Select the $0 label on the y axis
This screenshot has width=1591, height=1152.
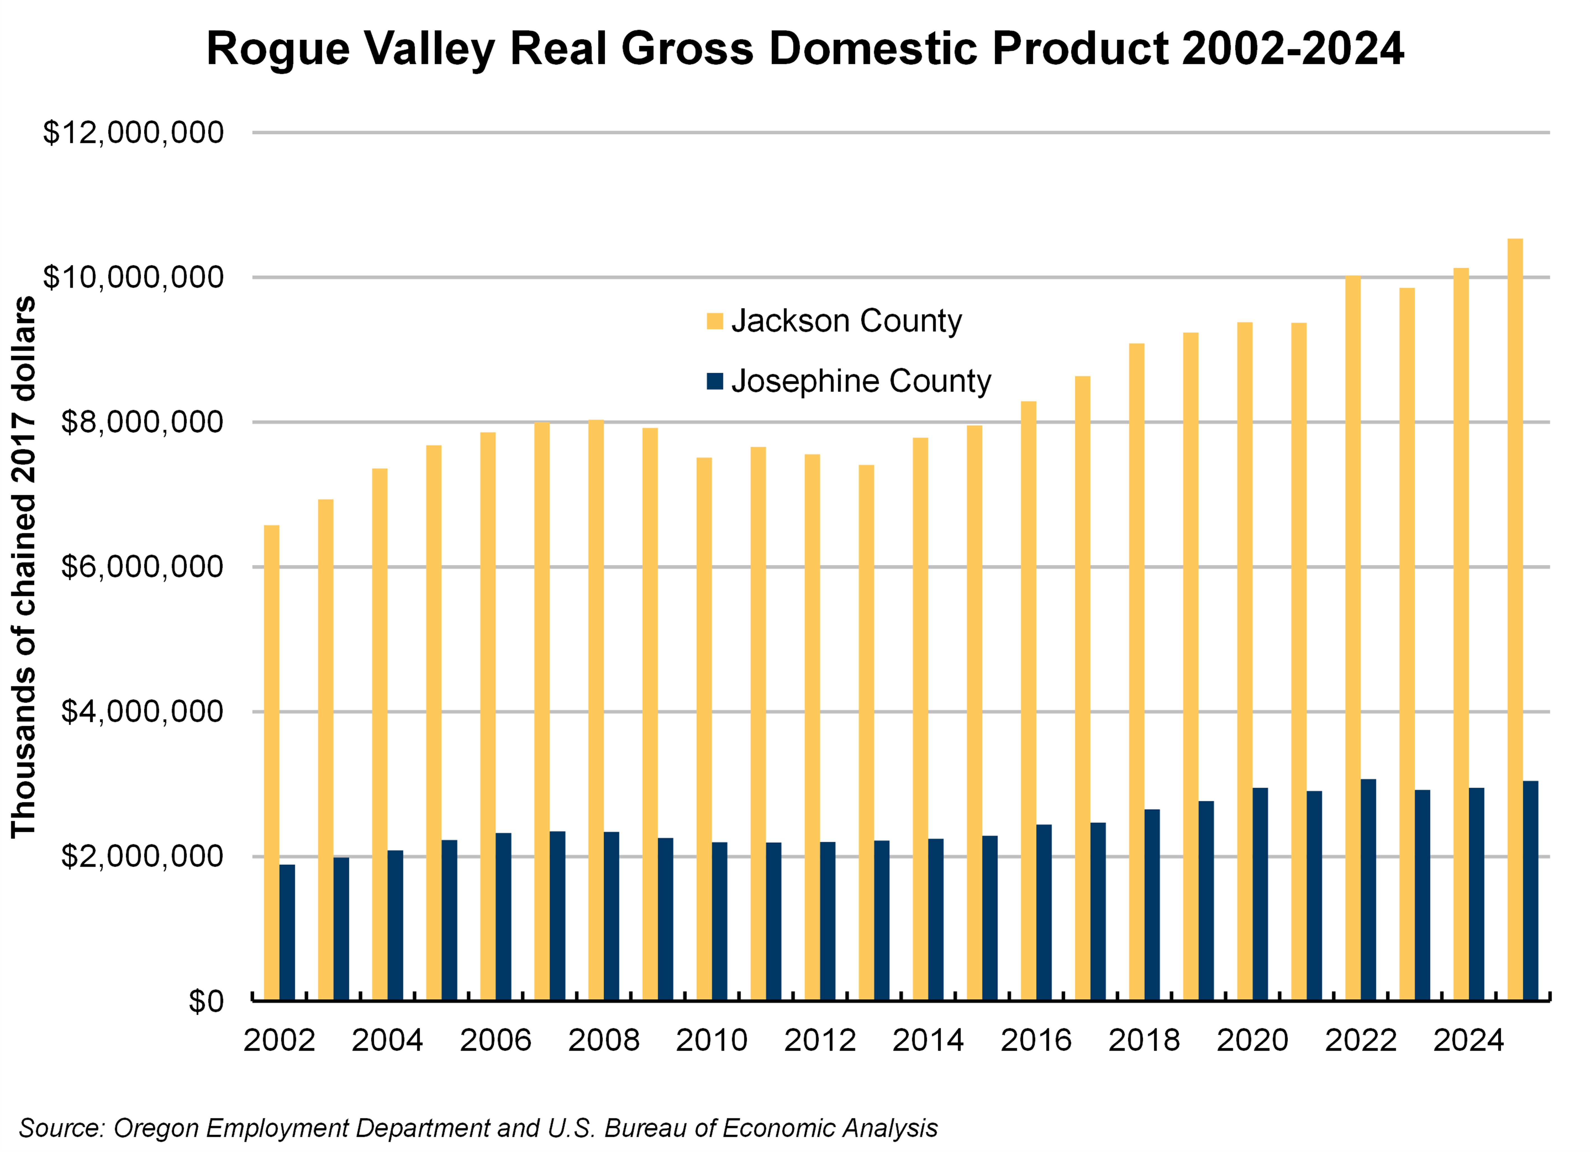click(x=206, y=1001)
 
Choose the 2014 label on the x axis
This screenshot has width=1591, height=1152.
click(x=927, y=1040)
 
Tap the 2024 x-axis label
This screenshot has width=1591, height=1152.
click(x=1468, y=1040)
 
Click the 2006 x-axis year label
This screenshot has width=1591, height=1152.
click(x=495, y=1040)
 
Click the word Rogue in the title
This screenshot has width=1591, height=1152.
click(x=278, y=49)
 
